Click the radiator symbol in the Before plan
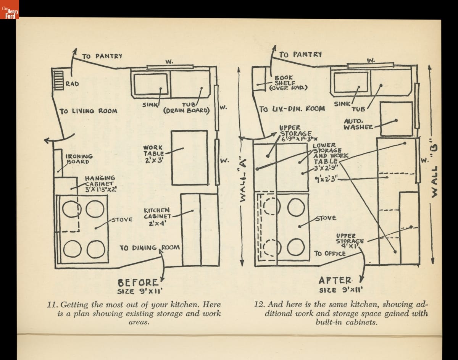point(58,79)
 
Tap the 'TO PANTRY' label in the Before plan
point(102,56)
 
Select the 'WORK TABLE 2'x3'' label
point(153,154)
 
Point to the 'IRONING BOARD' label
point(79,159)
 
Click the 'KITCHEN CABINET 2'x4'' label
point(157,216)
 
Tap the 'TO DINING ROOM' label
point(150,248)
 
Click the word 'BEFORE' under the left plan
point(138,283)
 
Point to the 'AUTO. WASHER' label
point(358,124)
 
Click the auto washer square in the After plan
point(397,119)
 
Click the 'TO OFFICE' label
point(330,253)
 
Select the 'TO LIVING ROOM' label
point(88,111)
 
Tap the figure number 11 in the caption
point(51,305)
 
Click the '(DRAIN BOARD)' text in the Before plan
point(187,111)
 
